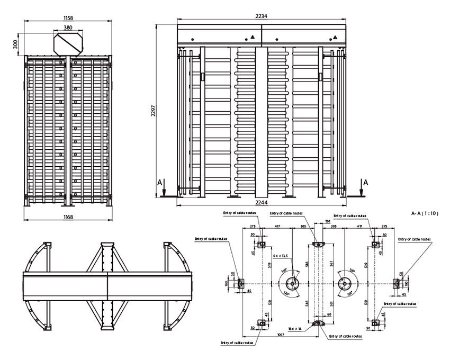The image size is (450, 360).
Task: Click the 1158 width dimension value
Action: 68,18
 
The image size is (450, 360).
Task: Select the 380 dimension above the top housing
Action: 68,28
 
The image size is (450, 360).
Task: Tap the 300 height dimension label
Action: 15,43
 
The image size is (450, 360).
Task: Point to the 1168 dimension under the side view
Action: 68,217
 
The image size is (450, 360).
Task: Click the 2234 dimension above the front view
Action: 261,16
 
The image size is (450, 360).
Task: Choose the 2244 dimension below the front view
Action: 261,203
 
